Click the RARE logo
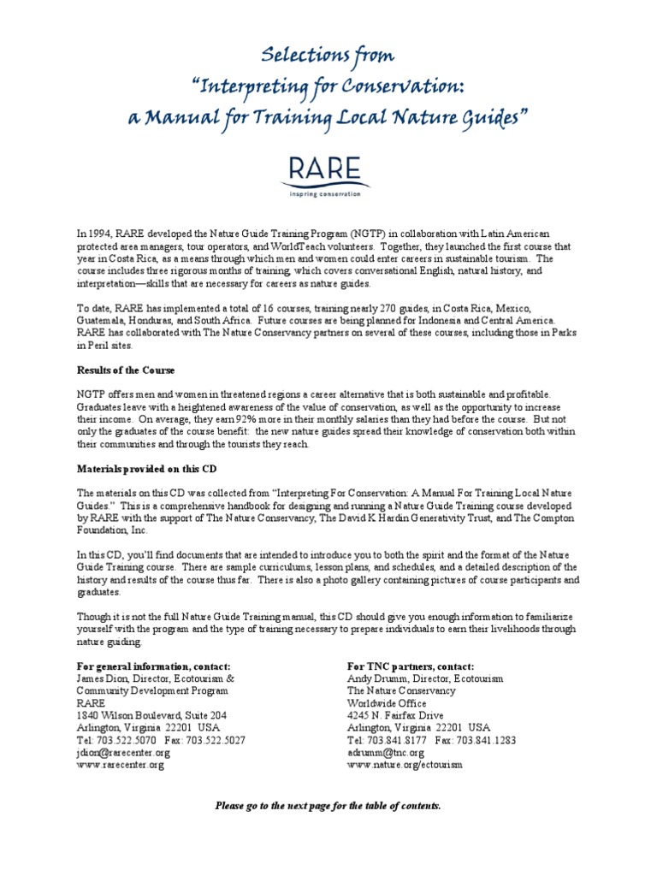pyautogui.click(x=328, y=173)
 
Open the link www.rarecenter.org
pyautogui.click(x=120, y=765)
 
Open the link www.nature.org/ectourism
pyautogui.click(x=405, y=765)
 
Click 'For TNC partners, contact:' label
pyautogui.click(x=411, y=666)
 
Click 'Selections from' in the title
pyautogui.click(x=328, y=56)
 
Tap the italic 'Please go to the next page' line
pyautogui.click(x=328, y=806)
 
